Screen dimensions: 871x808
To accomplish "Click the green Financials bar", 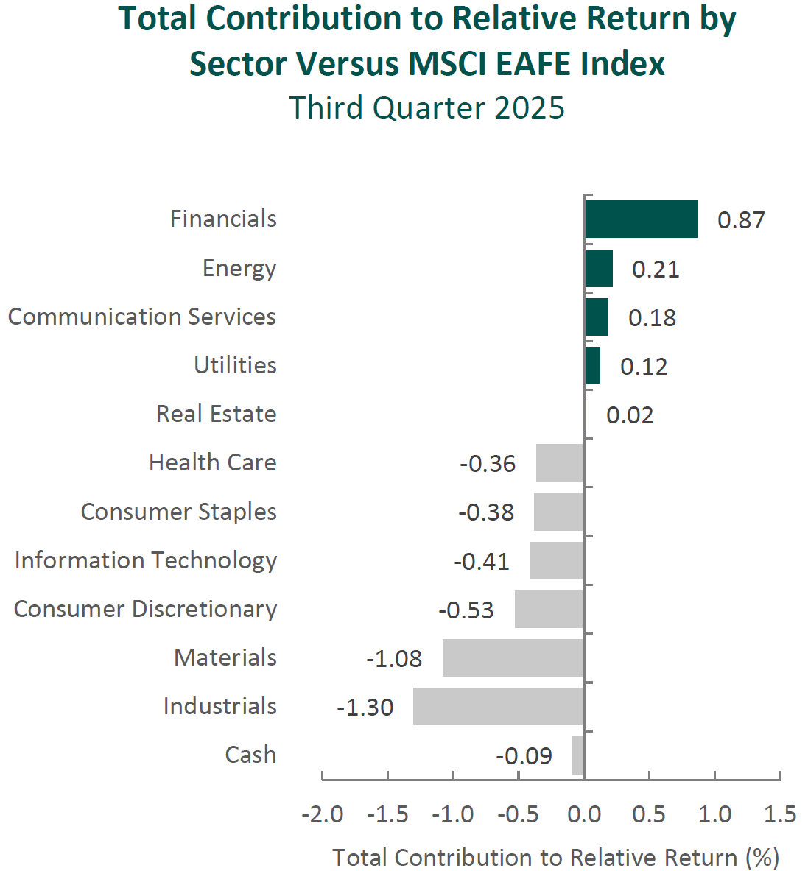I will point(641,219).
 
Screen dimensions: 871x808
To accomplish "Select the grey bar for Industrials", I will point(499,706).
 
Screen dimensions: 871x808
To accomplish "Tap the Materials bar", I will point(513,657).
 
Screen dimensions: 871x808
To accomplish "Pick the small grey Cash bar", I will point(578,755).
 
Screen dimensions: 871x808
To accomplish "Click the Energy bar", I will point(599,268).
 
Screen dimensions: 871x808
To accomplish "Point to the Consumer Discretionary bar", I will point(549,609).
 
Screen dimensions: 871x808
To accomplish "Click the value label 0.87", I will point(741,219).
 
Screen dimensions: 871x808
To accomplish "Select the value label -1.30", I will point(365,707).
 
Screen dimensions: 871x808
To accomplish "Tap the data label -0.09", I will point(524,755).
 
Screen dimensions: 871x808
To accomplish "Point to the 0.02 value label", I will point(630,415).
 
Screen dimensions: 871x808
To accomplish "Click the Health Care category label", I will point(213,462).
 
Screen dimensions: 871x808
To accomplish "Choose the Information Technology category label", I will point(146,560).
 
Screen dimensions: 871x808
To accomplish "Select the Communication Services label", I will point(142,317).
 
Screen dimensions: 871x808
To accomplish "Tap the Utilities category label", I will point(236,365).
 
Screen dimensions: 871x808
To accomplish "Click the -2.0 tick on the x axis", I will point(323,814).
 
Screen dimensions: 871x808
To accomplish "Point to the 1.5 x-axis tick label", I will point(780,814).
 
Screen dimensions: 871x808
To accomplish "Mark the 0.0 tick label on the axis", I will point(584,814).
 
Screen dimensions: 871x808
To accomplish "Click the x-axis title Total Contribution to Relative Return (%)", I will point(555,857).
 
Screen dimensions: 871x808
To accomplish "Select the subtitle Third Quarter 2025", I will point(427,107).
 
